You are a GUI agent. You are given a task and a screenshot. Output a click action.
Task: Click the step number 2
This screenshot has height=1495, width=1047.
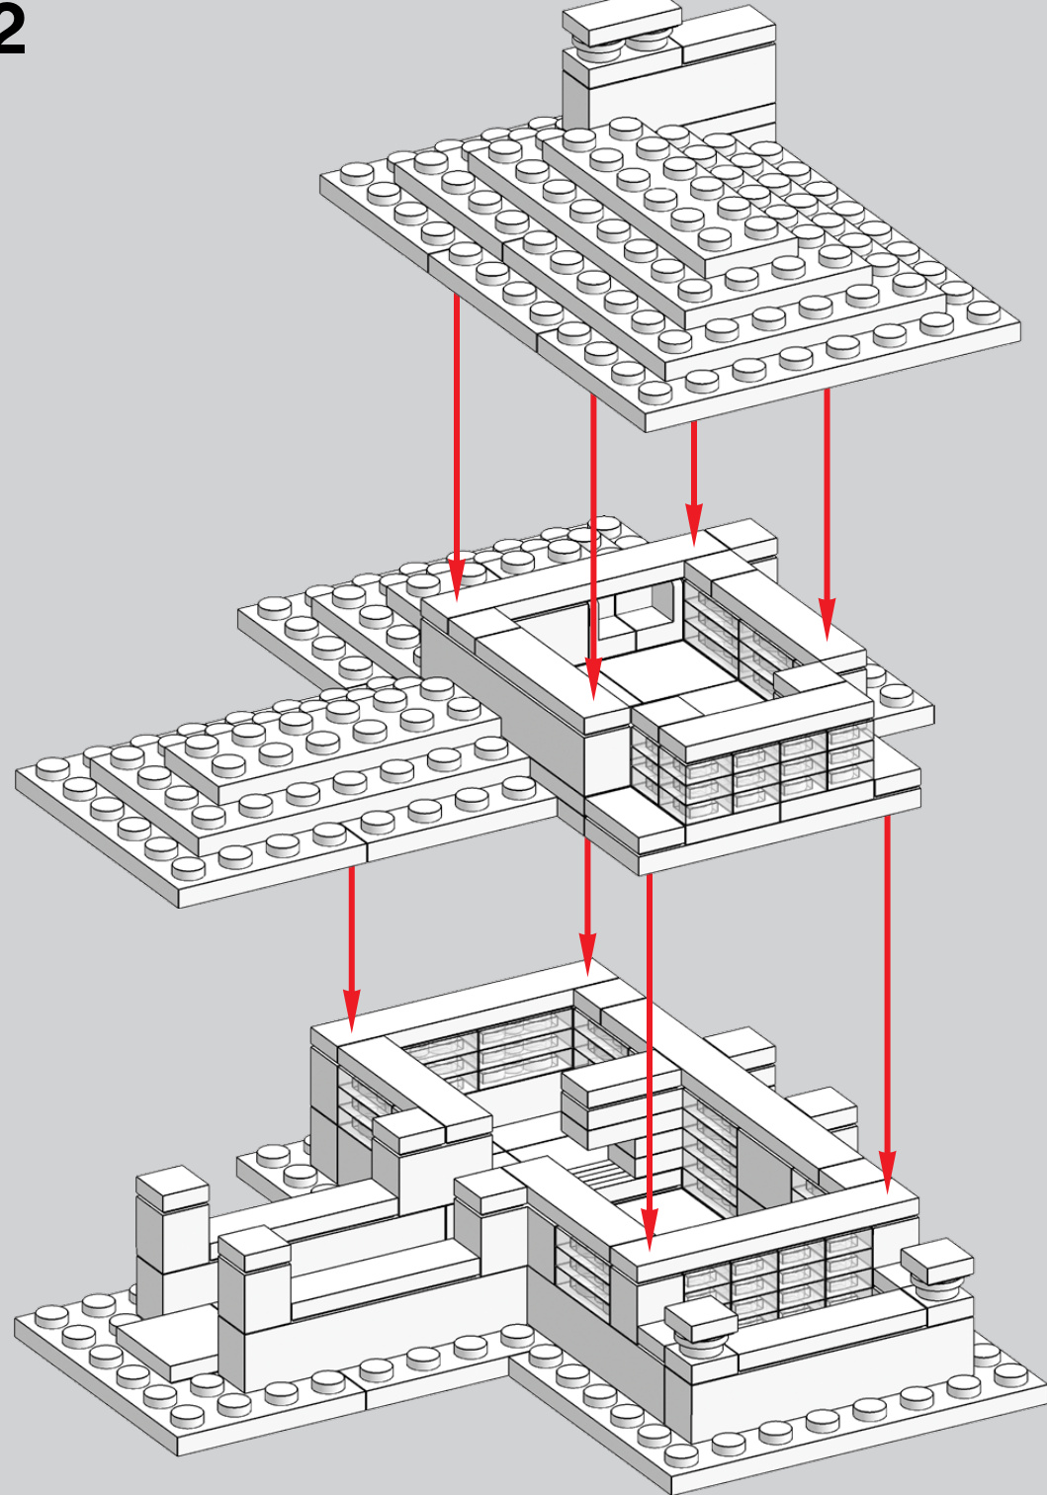[x=11, y=30]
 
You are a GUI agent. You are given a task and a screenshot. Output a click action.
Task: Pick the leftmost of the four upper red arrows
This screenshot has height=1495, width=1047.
[x=457, y=447]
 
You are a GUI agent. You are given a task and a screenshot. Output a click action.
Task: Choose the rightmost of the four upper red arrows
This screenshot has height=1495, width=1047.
[x=827, y=514]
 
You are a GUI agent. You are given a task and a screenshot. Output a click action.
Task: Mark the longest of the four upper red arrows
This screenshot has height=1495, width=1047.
[x=593, y=547]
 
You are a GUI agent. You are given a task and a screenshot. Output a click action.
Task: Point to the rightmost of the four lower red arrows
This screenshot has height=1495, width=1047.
[x=887, y=1004]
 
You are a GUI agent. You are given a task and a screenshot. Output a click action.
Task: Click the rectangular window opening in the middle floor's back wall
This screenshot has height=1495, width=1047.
[x=644, y=604]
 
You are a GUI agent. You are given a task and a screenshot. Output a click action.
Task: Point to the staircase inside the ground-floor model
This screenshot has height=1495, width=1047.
[x=599, y=1173]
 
